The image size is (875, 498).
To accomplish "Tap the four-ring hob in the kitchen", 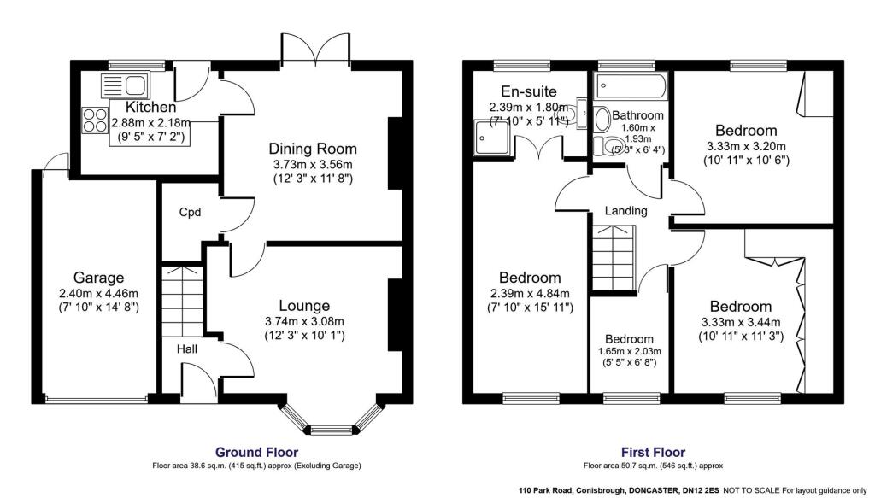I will (x=94, y=120).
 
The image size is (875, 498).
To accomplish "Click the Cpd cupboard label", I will (x=190, y=212).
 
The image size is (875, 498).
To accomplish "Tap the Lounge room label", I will (x=304, y=305).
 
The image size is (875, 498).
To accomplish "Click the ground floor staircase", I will (x=181, y=299).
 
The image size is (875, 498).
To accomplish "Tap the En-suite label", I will (x=529, y=91).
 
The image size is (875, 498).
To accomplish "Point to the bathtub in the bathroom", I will (x=631, y=85).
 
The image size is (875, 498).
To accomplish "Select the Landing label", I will (x=626, y=210).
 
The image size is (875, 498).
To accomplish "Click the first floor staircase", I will (x=614, y=256).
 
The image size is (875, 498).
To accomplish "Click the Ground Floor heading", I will (x=256, y=452).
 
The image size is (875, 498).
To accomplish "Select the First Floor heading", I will (x=653, y=452).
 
